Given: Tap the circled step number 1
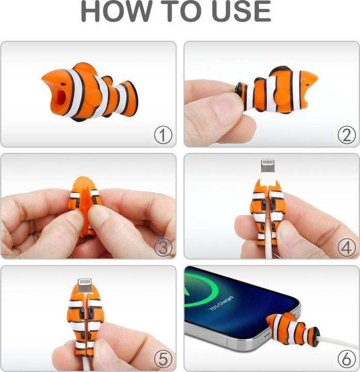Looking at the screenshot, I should point(163,135).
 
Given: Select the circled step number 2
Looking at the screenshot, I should point(347,135).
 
